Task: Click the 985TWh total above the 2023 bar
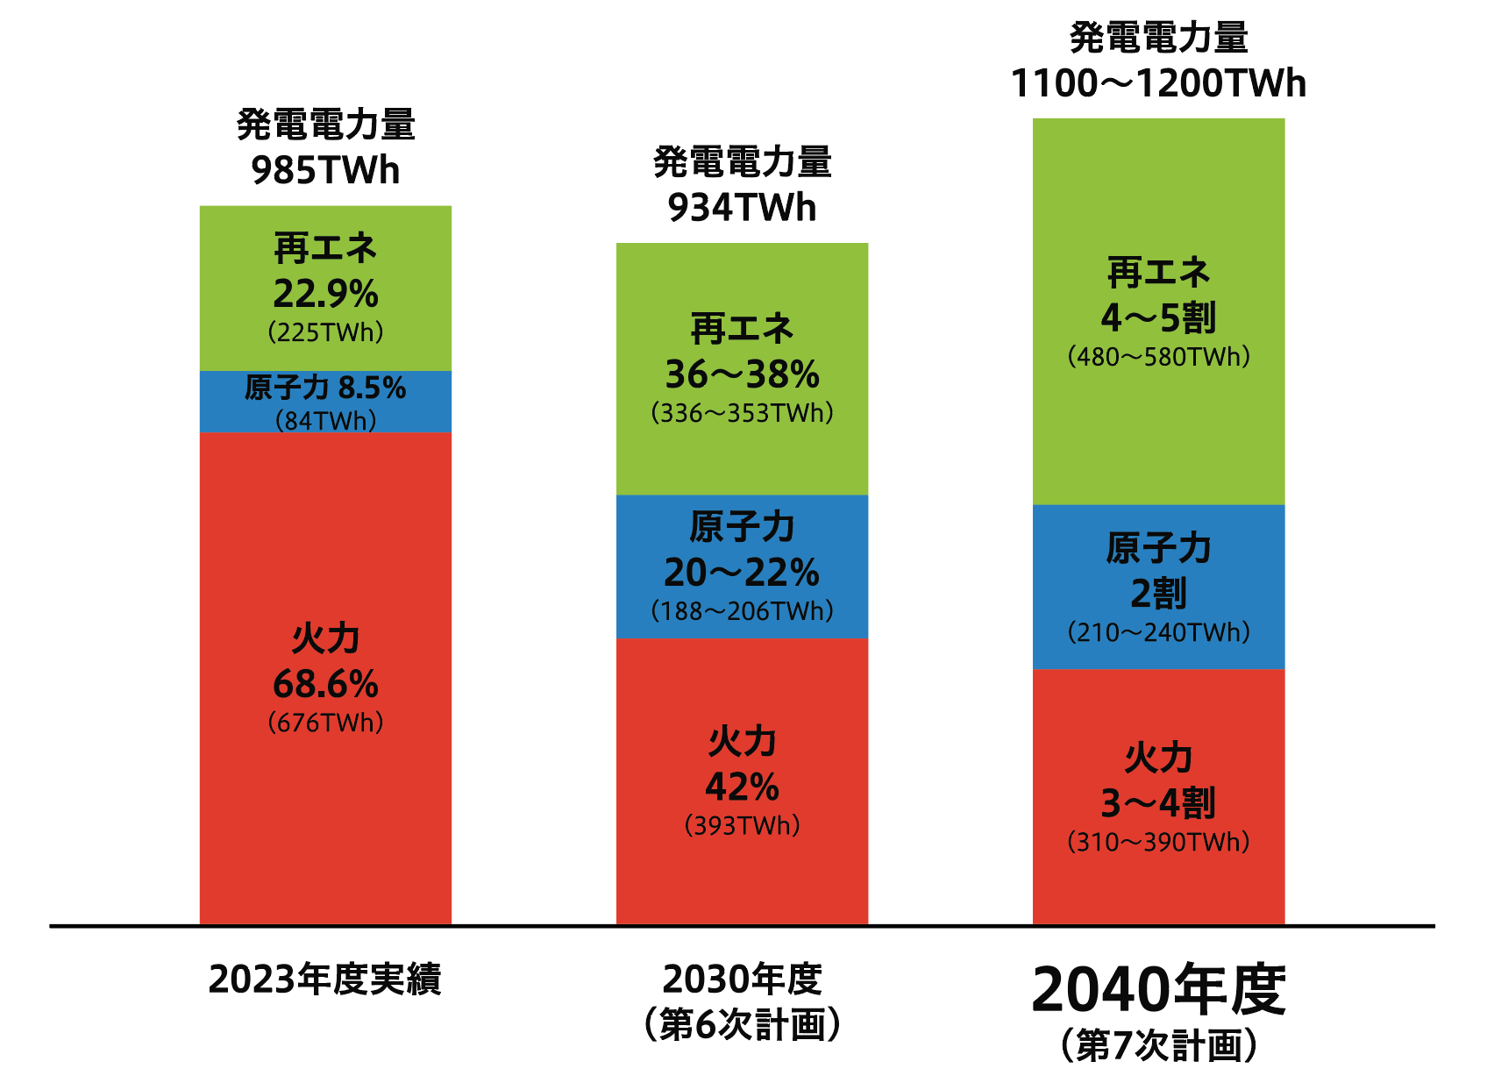coord(325,170)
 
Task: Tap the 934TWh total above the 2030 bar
coord(742,208)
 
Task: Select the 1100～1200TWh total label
coord(1158,83)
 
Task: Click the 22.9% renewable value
coord(325,294)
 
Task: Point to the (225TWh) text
coord(325,332)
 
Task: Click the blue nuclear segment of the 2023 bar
coord(325,402)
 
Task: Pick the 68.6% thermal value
coord(325,684)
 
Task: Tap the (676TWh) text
coord(325,723)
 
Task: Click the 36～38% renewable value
coord(742,374)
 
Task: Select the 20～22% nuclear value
coord(742,573)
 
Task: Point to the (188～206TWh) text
coord(742,611)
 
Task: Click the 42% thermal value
coord(742,787)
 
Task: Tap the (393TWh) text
coord(742,826)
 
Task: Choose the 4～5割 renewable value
coord(1158,317)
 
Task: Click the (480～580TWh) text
coord(1158,357)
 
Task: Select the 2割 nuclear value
coord(1158,594)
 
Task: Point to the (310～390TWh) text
coord(1158,842)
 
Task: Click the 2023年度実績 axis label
coord(325,980)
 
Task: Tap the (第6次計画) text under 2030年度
coord(742,1024)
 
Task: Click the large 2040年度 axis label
coord(1158,989)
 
